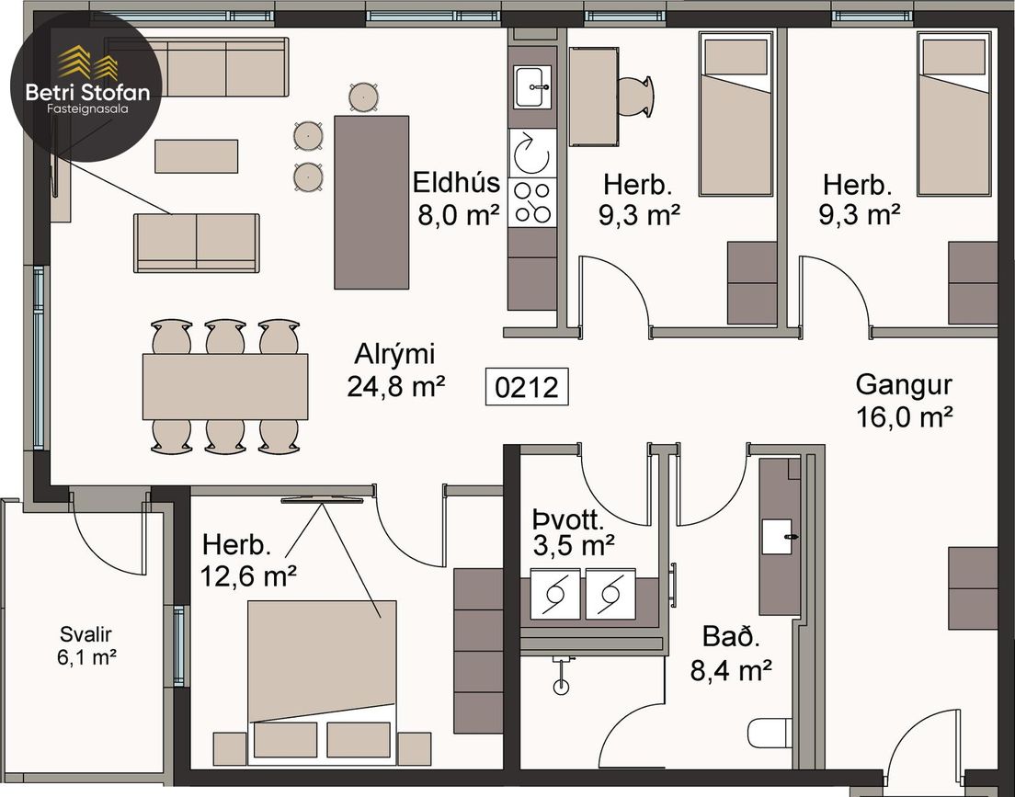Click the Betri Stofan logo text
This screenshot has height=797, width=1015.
pos(87,93)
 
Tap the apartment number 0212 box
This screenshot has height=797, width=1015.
pos(527,386)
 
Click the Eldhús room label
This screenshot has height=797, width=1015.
pos(456,183)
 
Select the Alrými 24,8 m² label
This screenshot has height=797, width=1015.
pos(395,370)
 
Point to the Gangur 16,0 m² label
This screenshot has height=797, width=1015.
pos(904,401)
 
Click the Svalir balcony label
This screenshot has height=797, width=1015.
pos(86,645)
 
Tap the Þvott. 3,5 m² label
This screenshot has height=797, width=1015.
pos(572,533)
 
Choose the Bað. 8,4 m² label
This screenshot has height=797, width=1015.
pos(731,654)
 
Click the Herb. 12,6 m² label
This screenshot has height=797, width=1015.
pos(248,560)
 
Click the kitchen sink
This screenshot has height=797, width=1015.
pos(532,86)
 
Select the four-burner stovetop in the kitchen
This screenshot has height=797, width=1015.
pos(532,202)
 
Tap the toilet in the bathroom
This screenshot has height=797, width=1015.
pos(770,733)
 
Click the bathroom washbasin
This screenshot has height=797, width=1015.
pos(777,537)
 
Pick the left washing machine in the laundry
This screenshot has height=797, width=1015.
pos(554,594)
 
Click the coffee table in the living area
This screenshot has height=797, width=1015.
pos(196,156)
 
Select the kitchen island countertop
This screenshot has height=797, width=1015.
pos(371,202)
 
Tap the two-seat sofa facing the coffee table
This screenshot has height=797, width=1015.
pos(197,243)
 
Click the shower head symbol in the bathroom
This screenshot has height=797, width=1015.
pos(561,676)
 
